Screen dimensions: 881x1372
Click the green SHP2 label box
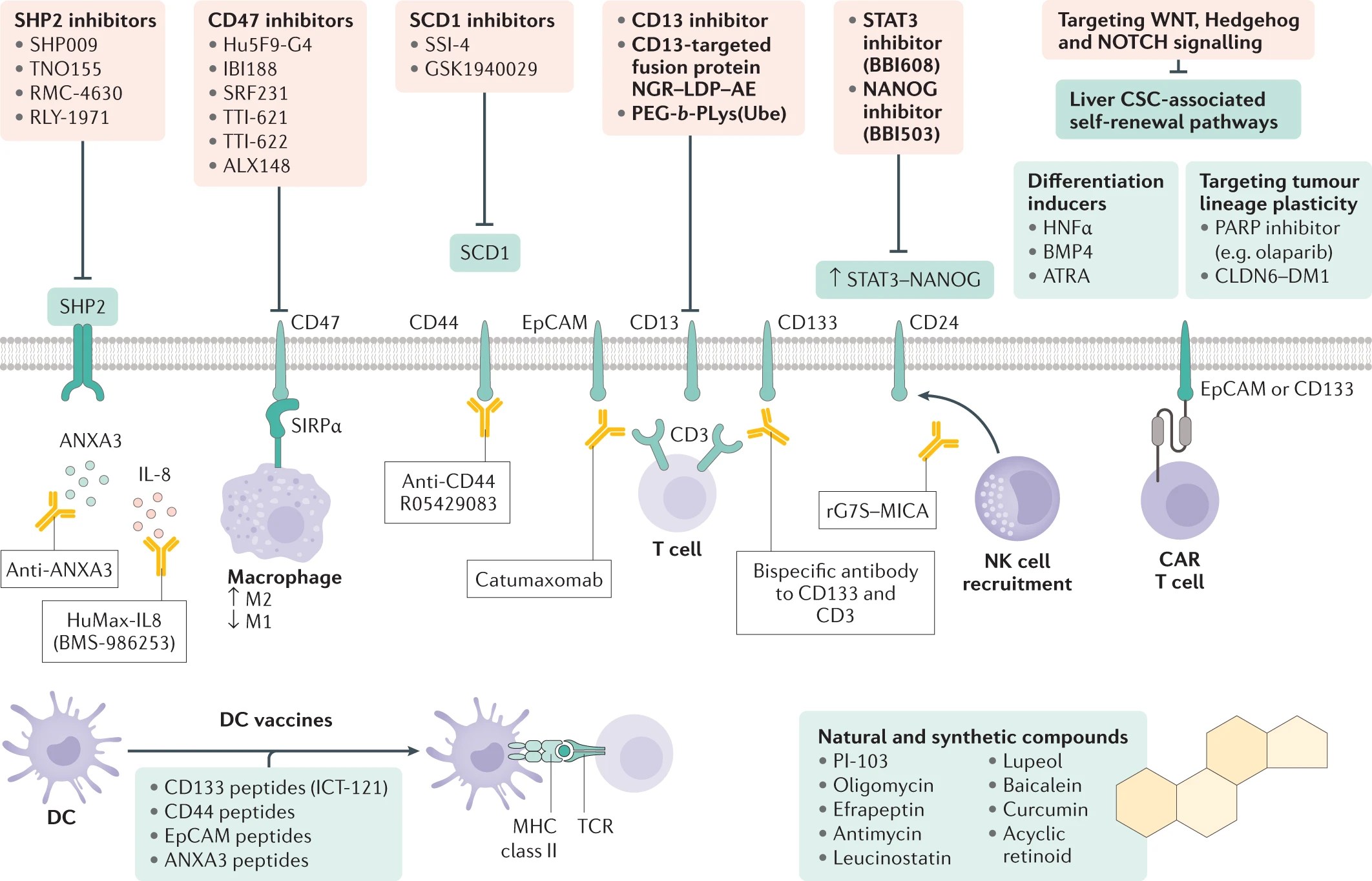tap(82, 307)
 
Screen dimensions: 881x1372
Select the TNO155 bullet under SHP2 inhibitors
tap(65, 69)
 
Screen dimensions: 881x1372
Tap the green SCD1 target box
tap(484, 252)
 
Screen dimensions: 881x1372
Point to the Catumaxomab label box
tap(539, 580)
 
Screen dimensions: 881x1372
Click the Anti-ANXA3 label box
tap(59, 569)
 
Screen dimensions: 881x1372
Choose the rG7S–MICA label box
tap(877, 511)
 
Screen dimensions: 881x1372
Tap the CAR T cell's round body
tap(1180, 501)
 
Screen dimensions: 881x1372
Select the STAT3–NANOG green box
tap(904, 279)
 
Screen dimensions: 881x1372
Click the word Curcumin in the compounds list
tap(1045, 809)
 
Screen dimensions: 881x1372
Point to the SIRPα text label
tap(316, 426)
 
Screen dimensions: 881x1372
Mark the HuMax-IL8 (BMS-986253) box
tap(114, 631)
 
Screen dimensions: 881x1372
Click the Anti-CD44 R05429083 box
tap(448, 492)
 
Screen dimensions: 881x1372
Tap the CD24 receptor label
tap(933, 322)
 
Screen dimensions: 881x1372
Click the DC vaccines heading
tap(276, 720)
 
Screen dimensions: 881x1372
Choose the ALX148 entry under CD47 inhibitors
tap(256, 166)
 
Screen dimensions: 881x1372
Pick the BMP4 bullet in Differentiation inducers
tap(1067, 252)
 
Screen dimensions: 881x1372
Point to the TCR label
tap(595, 826)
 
